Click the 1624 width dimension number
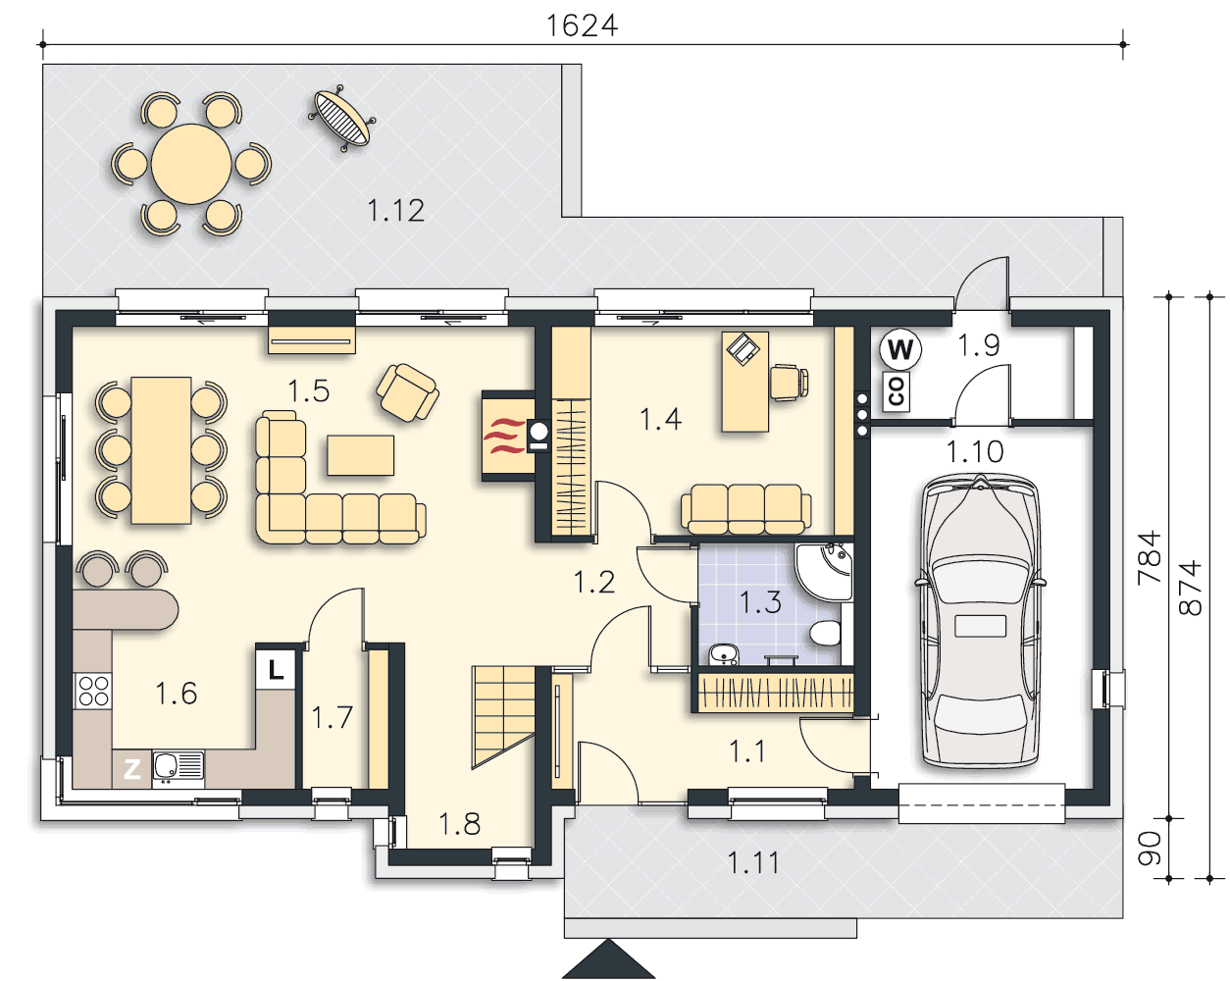pos(582,26)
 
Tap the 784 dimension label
pos(1150,557)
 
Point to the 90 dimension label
pos(1150,849)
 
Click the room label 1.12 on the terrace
pos(395,210)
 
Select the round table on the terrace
pos(191,164)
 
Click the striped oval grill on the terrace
pos(341,119)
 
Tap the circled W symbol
pos(900,348)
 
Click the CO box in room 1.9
pos(897,391)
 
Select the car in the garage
pos(980,620)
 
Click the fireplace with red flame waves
pos(509,436)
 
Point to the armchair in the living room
pos(407,392)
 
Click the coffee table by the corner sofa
pos(360,455)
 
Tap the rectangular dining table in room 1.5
pos(161,450)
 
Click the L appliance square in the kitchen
pos(276,669)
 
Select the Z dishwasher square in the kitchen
pos(132,769)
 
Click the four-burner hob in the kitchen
pos(93,692)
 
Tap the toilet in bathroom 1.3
pos(825,634)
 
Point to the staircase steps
pos(503,717)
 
